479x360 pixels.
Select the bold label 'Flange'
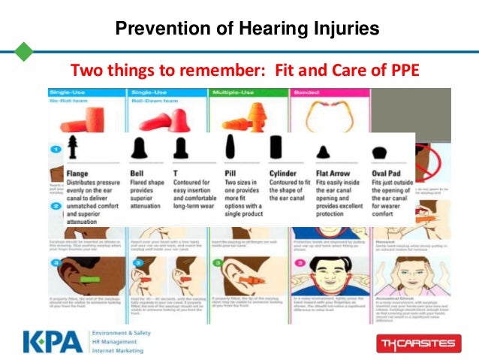(x=77, y=173)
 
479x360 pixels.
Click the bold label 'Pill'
(x=230, y=173)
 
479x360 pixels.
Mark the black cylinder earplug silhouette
(x=276, y=147)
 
